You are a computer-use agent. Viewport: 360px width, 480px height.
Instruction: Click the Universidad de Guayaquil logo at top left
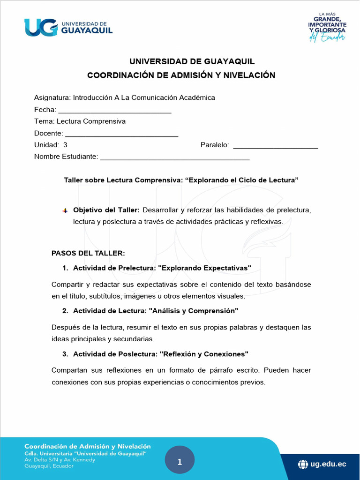68,27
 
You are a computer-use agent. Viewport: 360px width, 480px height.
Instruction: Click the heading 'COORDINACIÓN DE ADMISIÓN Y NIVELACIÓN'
181,75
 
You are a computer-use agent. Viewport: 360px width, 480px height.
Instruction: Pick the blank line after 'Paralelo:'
275,147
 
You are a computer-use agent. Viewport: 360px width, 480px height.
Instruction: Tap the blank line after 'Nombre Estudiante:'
175,159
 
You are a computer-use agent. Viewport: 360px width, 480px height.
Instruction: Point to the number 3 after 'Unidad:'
65,145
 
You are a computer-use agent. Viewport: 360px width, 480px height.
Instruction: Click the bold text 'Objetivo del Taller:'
106,210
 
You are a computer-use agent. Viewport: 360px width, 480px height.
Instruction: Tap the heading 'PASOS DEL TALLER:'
88,254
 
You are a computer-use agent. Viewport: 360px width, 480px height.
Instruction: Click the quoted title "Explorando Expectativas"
205,268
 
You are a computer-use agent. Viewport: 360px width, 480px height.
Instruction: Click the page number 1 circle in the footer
180,462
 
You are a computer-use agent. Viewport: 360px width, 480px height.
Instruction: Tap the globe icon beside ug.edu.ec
303,464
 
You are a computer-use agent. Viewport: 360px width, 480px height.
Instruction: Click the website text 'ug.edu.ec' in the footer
328,464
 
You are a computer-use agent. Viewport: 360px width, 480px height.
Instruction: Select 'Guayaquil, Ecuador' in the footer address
49,466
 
